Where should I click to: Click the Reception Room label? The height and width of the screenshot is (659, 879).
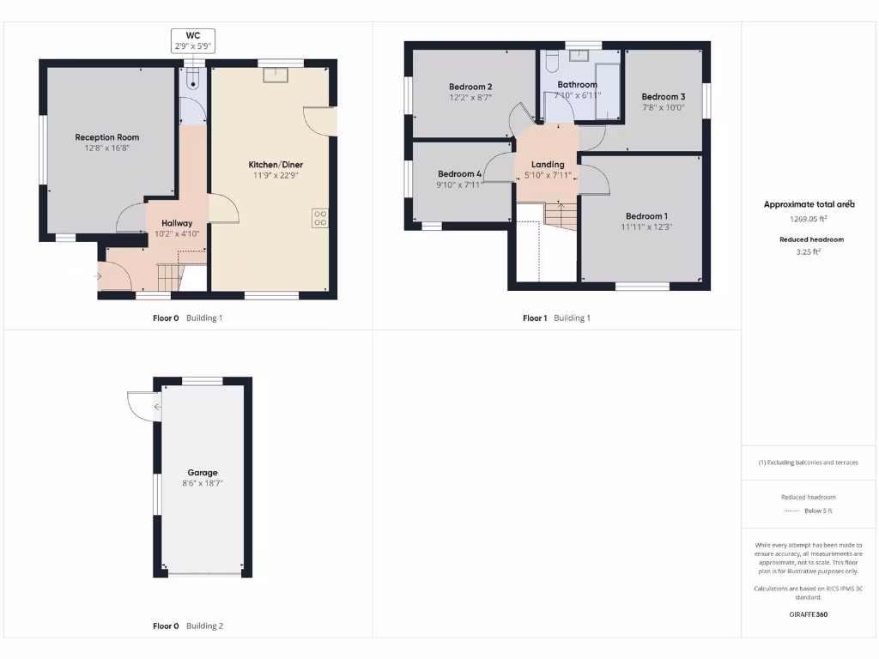[106, 137]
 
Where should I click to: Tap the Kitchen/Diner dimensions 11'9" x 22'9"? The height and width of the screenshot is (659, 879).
[276, 175]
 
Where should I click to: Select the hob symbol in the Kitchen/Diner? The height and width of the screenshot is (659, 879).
[320, 218]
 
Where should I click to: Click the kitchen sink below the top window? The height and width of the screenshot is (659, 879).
[276, 75]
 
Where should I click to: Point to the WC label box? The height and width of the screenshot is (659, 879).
[193, 40]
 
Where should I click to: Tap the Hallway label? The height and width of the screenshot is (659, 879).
[177, 223]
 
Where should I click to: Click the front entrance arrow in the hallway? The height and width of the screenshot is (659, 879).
[100, 276]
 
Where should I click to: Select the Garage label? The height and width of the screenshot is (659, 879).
[203, 473]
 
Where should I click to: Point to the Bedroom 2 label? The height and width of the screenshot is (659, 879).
[470, 87]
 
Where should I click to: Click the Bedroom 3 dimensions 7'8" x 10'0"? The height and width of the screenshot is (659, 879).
[663, 108]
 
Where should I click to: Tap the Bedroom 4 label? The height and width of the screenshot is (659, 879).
[459, 173]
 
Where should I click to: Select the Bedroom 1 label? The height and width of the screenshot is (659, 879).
[646, 216]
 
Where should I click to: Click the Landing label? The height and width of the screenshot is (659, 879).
[548, 165]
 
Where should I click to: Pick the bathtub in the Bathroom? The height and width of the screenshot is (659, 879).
[608, 90]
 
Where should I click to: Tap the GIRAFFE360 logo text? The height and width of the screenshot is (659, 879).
[809, 614]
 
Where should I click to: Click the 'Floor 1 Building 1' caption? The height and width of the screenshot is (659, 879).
[556, 318]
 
